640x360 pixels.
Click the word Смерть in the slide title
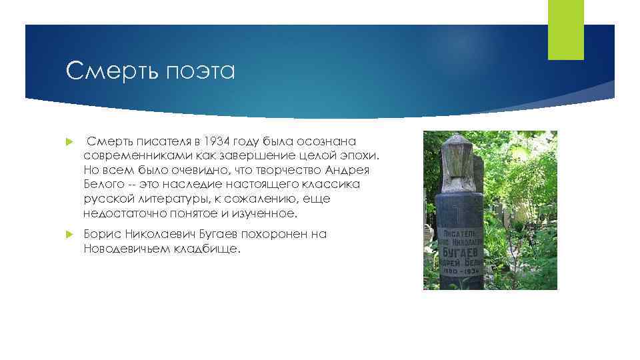105,69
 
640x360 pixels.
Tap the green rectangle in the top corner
565,30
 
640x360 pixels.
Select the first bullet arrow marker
69,141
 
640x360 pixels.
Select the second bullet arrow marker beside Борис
69,235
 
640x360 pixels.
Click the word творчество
257,169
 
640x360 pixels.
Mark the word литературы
161,199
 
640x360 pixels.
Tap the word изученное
261,213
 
